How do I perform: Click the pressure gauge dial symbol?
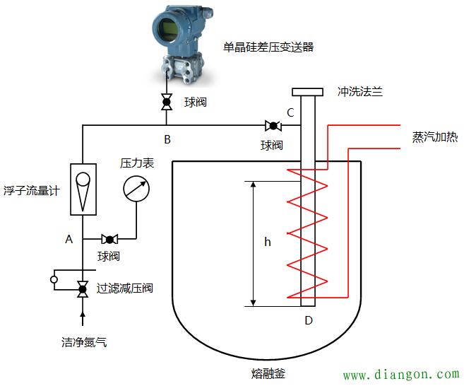(136, 189)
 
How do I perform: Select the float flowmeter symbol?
(83, 189)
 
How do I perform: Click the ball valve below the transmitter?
(167, 103)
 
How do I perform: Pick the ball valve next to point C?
(272, 127)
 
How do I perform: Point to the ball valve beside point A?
(109, 239)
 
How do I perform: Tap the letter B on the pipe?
(167, 139)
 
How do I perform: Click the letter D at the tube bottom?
(308, 320)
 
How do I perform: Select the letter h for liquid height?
(268, 242)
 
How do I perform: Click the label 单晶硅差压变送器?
(268, 47)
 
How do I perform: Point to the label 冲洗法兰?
(360, 92)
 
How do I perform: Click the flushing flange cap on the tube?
(308, 92)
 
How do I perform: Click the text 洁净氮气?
(84, 343)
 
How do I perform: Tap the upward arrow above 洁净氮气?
(83, 318)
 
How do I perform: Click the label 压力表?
(137, 163)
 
